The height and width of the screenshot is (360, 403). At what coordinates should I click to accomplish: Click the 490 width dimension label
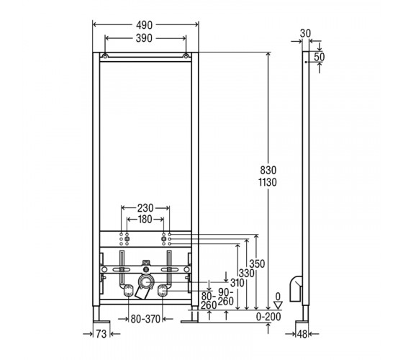click(x=144, y=25)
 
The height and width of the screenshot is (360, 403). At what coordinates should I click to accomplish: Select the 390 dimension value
click(x=144, y=38)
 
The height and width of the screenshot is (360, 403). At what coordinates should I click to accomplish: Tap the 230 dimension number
click(x=145, y=208)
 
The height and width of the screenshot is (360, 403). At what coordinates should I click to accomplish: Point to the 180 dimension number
click(x=145, y=220)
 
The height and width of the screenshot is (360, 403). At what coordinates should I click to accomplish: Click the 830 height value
click(x=268, y=170)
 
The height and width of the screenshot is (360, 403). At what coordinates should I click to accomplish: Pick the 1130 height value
click(x=268, y=182)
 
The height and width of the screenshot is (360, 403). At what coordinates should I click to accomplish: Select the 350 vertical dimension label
click(x=257, y=264)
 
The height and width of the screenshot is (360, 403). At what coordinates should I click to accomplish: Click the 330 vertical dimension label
click(x=246, y=273)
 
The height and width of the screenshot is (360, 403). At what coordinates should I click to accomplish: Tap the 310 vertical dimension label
click(x=237, y=283)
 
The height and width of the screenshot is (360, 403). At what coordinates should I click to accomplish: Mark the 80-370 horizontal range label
click(x=145, y=319)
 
